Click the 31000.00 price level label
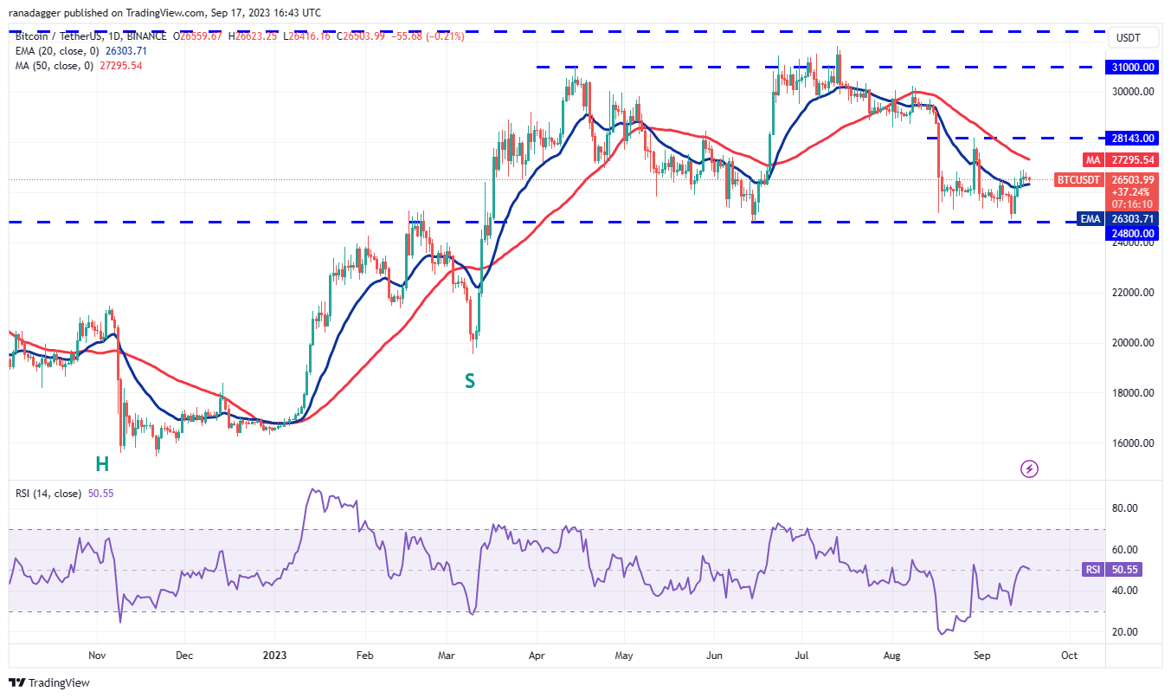[1134, 67]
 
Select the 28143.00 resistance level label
[1134, 138]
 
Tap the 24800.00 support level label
[1134, 233]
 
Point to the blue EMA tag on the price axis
[1090, 219]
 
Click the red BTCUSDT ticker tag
[1078, 180]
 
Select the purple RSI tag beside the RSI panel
[1093, 570]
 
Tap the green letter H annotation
[102, 464]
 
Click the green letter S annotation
[470, 380]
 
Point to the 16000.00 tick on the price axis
[1134, 443]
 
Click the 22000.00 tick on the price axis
[1134, 293]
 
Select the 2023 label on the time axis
[273, 656]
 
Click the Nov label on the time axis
[97, 656]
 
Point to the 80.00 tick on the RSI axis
[1128, 508]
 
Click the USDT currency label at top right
[1129, 38]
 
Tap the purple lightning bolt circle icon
[1029, 469]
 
